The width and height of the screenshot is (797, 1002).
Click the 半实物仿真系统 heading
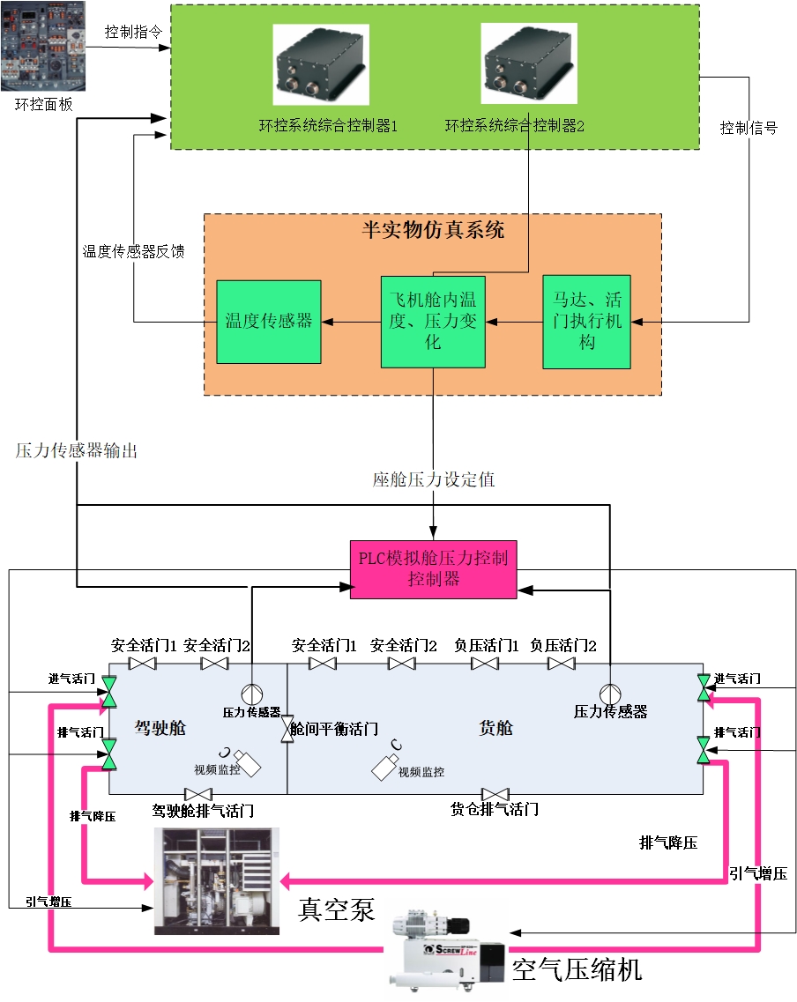point(433,230)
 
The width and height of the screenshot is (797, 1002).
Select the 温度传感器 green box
point(269,322)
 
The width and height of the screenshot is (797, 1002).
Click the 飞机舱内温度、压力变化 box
point(433,322)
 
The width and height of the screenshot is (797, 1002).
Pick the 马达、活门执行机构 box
point(587,322)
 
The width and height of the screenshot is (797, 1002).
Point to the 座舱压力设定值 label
point(433,479)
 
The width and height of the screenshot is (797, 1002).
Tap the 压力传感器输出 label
point(77,450)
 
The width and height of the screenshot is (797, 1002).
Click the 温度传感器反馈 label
point(134,251)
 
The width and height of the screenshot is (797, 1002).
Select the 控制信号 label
point(749,128)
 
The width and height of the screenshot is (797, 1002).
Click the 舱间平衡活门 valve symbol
point(287,730)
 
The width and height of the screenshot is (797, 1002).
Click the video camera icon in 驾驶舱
point(244,763)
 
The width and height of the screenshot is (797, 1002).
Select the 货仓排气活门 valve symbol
point(495,794)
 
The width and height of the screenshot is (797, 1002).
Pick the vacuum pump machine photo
point(217,881)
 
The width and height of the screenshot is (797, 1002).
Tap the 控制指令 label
point(133,33)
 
